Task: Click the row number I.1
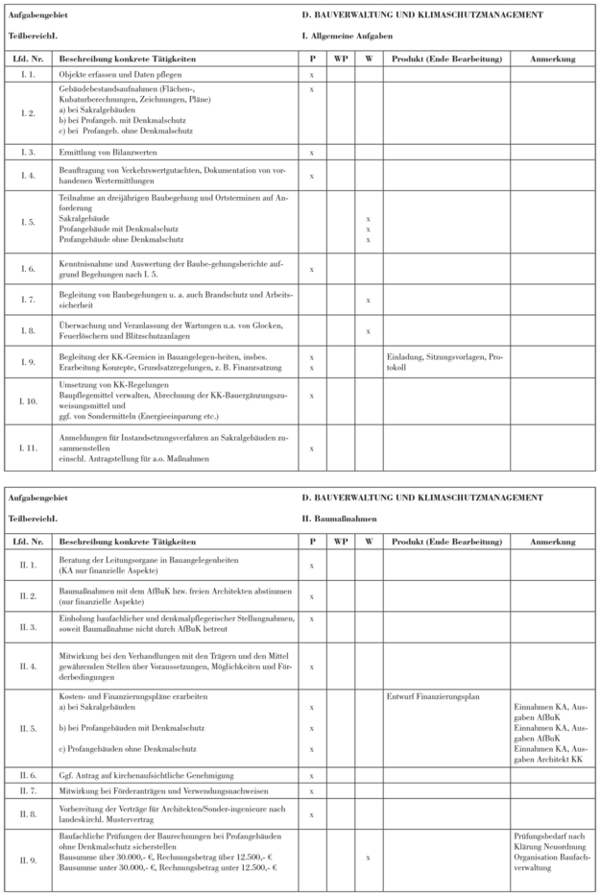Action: tap(29, 74)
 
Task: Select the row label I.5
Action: tap(29, 220)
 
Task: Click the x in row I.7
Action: tap(369, 301)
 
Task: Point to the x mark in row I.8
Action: tap(369, 332)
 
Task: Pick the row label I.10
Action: tap(29, 401)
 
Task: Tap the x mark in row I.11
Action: tap(312, 448)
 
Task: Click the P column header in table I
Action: tap(312, 59)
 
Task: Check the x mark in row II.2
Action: tap(312, 596)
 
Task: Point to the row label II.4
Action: tap(29, 666)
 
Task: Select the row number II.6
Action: tap(29, 773)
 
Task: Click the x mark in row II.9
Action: tap(369, 858)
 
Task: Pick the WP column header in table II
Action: tap(341, 543)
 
